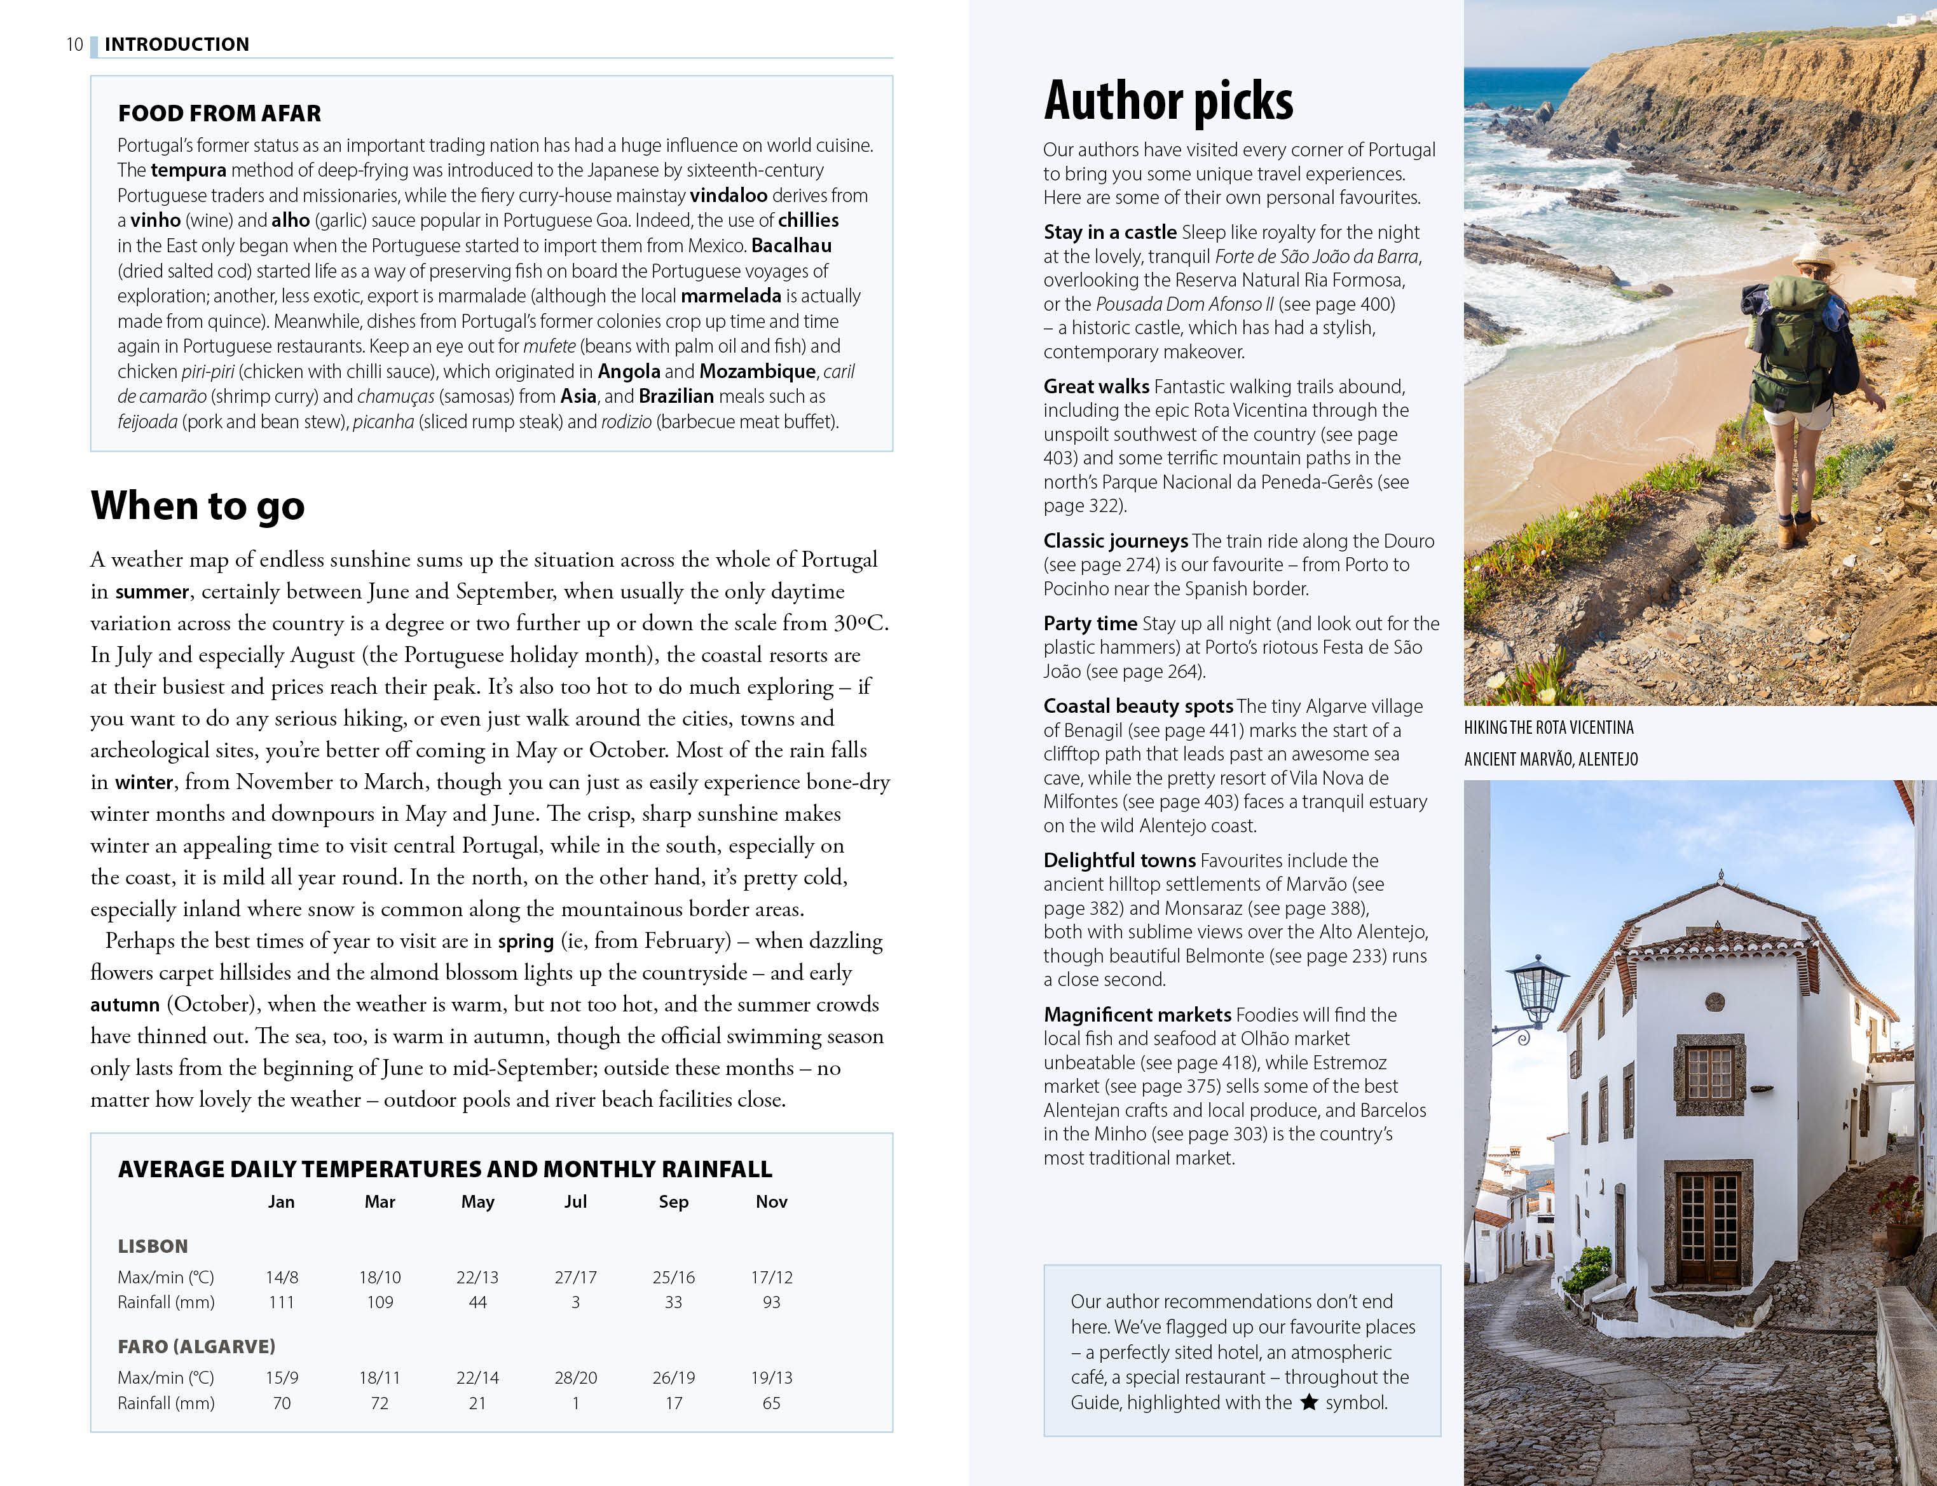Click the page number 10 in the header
pos(74,44)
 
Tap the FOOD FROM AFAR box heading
pos(219,113)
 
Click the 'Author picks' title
pos(1168,101)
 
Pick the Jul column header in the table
pos(575,1201)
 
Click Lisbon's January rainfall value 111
pos(282,1302)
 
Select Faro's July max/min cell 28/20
pos(575,1377)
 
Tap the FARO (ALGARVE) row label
pos(196,1346)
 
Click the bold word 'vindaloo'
pos(729,196)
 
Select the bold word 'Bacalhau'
pos(791,246)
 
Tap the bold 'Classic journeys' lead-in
pos(1115,541)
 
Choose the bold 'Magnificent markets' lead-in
pos(1137,1015)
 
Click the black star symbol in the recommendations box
pos(1310,1402)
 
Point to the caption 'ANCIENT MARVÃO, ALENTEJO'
pos(1550,759)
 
